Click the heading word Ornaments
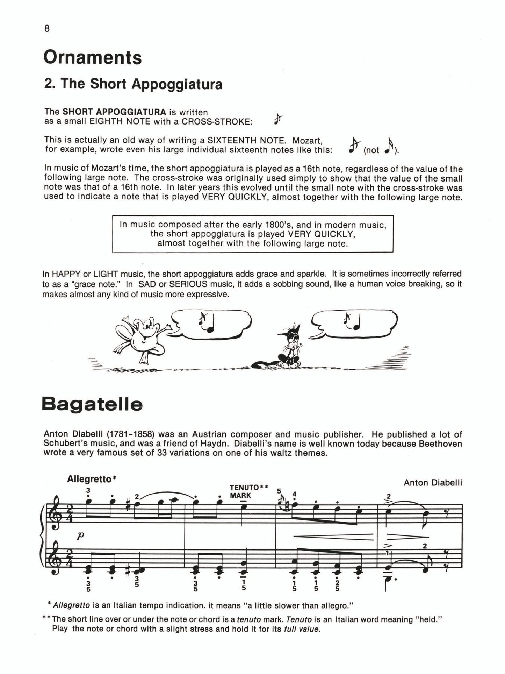pos(93,58)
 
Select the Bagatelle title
pos(92,404)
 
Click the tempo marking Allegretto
pos(89,479)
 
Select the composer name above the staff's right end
pos(433,483)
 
